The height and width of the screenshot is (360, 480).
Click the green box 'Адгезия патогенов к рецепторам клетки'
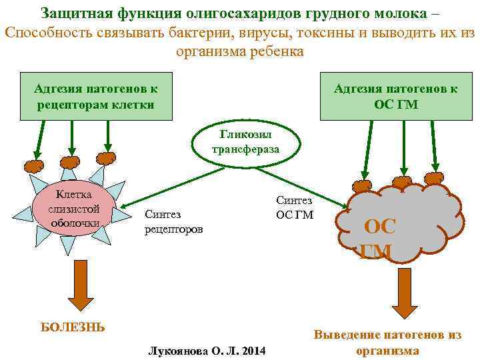click(96, 97)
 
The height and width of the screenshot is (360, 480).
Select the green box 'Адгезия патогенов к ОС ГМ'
click(395, 97)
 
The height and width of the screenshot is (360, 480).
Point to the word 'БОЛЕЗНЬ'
click(73, 327)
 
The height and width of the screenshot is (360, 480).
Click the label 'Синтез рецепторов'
click(174, 221)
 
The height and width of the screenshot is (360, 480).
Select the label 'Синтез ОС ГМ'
click(293, 207)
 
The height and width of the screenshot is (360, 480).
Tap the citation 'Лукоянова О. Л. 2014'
click(207, 351)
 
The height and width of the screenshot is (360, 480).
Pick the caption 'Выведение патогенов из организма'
click(387, 343)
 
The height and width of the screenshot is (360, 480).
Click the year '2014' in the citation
click(255, 351)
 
